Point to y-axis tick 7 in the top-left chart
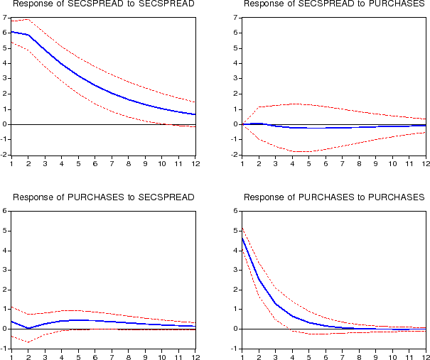pos(5,15)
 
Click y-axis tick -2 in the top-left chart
pos(4,154)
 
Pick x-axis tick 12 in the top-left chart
pos(195,163)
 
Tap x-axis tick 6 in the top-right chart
pos(326,163)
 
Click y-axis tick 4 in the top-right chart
pos(235,62)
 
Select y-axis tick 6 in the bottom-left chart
pos(5,211)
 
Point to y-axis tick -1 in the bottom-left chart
pos(4,349)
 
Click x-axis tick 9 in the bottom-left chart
pos(145,357)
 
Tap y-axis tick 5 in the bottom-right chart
pos(235,231)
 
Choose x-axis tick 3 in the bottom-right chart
pos(276,357)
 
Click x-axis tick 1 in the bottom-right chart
pos(242,357)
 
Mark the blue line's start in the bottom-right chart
pos(242,238)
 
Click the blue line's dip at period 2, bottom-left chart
pos(28,328)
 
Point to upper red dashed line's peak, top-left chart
pos(28,20)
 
